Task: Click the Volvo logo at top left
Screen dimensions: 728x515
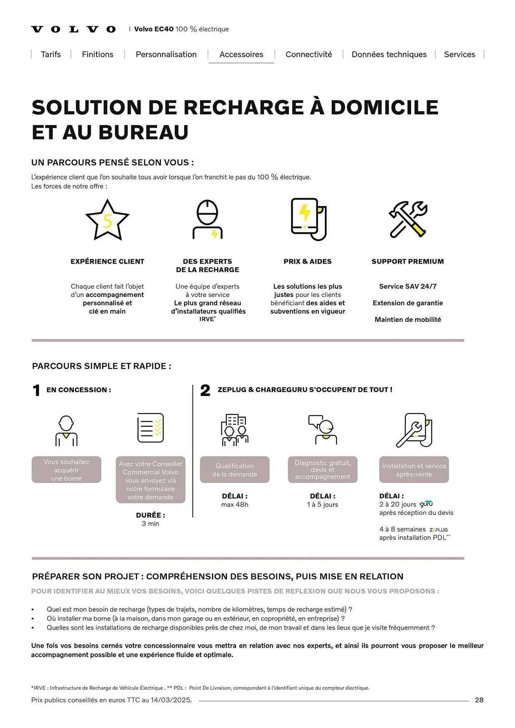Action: click(73, 29)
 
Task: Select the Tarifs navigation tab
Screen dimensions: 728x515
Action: click(51, 54)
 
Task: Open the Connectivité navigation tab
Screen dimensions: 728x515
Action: click(308, 54)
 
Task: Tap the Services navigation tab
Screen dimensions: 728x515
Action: click(459, 54)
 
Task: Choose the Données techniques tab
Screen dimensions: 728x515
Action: click(389, 54)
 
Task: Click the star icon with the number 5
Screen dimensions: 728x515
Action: click(107, 220)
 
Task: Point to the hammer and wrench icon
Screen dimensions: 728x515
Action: click(408, 219)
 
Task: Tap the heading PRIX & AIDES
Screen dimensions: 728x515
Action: click(307, 261)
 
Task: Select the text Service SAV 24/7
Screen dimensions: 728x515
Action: click(408, 286)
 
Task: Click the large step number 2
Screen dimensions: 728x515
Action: click(205, 391)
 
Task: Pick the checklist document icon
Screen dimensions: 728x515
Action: click(150, 428)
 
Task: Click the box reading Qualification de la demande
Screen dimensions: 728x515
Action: click(235, 470)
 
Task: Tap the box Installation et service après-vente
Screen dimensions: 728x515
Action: click(414, 470)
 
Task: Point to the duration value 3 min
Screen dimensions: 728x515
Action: click(150, 524)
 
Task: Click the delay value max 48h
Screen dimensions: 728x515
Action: click(235, 505)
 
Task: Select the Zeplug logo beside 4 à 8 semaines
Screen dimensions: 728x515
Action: click(438, 530)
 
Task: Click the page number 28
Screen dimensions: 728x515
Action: click(479, 700)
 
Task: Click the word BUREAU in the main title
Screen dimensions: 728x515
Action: click(144, 132)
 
